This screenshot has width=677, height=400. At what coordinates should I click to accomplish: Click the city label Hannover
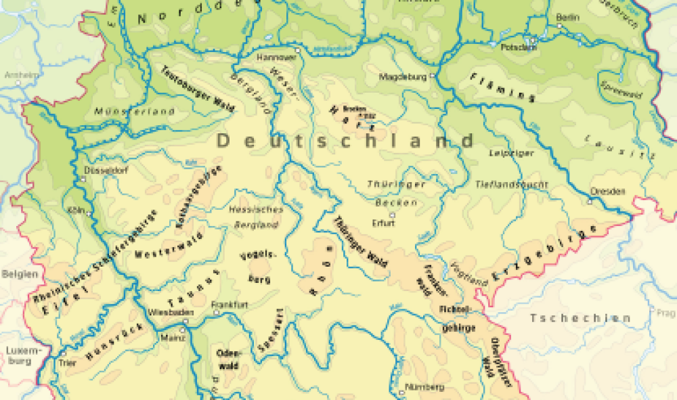274,58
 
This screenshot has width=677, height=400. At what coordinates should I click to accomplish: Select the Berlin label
568,17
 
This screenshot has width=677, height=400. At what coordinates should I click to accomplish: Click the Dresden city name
607,192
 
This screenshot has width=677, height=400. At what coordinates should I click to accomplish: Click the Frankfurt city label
230,305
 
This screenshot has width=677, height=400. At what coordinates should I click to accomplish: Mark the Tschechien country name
580,318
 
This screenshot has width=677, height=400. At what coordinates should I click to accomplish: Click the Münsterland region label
135,111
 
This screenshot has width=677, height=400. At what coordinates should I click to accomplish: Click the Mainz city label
169,336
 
